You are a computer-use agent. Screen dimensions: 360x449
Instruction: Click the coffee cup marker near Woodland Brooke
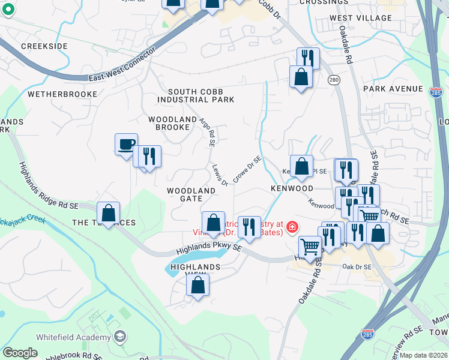click(x=126, y=144)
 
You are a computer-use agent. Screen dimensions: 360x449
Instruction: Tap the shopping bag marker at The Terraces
click(x=108, y=213)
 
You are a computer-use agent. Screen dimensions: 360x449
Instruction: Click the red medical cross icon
click(x=292, y=227)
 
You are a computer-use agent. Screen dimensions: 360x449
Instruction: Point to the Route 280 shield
click(x=334, y=80)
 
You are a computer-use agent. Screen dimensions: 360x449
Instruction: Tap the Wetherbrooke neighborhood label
click(x=62, y=94)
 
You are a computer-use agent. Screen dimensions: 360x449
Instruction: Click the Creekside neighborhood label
click(x=44, y=46)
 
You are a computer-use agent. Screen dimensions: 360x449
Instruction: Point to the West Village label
click(x=360, y=18)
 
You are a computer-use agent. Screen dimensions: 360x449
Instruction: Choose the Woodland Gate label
click(x=191, y=194)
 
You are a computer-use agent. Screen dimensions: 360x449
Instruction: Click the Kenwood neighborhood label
click(x=292, y=188)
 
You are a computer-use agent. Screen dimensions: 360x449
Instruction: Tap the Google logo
click(x=20, y=353)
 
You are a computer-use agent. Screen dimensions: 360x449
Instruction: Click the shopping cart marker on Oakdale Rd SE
click(x=310, y=246)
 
